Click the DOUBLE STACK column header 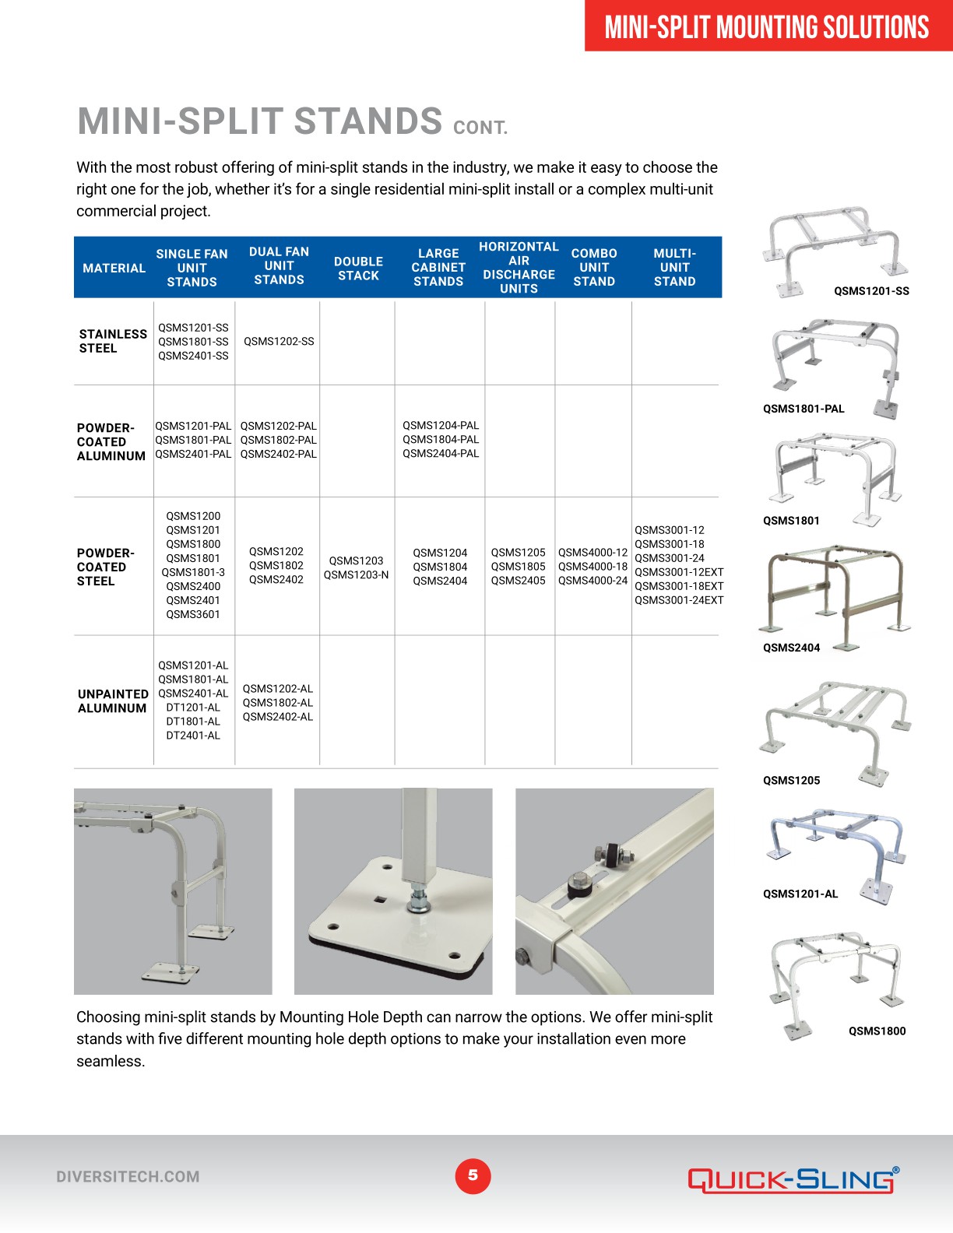pyautogui.click(x=358, y=268)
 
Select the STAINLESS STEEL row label pyautogui.click(x=113, y=341)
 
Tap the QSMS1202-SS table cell pyautogui.click(x=279, y=341)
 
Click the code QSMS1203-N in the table pyautogui.click(x=356, y=574)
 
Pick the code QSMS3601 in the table pyautogui.click(x=193, y=614)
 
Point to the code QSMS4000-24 pyautogui.click(x=593, y=580)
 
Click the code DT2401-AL pyautogui.click(x=193, y=735)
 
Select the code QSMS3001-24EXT pyautogui.click(x=679, y=600)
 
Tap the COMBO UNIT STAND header pyautogui.click(x=594, y=268)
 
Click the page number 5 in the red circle pyautogui.click(x=473, y=1175)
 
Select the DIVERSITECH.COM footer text pyautogui.click(x=128, y=1177)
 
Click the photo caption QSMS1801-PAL pyautogui.click(x=804, y=409)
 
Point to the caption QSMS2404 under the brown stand pyautogui.click(x=791, y=648)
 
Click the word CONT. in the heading pyautogui.click(x=480, y=128)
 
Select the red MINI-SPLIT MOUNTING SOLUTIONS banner pyautogui.click(x=768, y=26)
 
